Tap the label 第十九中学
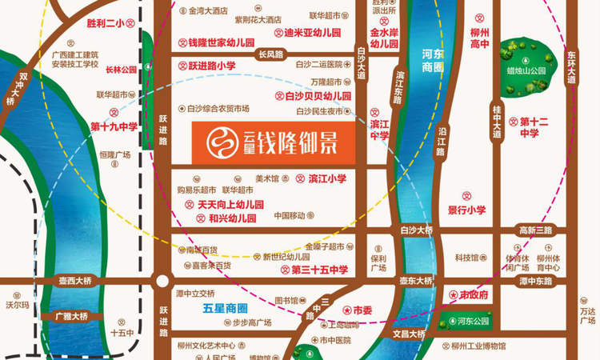coord(114,126)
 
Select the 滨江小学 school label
coord(326,178)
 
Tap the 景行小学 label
coord(467,210)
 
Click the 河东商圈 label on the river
coord(432,62)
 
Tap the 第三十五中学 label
coord(321,270)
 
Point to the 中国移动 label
coord(290,216)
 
